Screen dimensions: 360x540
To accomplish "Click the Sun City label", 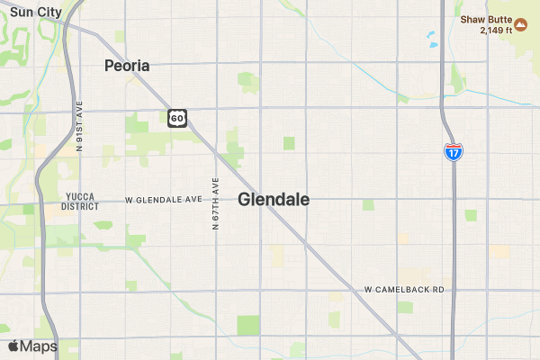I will coord(36,12).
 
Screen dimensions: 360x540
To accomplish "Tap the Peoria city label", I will coord(127,66).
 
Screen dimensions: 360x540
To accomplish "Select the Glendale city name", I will coord(274,200).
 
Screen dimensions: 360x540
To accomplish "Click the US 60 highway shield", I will coord(177,118).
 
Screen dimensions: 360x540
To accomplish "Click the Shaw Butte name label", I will coord(486,18).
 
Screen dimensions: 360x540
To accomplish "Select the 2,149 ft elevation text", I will coord(496,30).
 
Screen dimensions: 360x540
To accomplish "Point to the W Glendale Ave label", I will coord(164,199).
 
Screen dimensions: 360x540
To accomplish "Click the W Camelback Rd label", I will coord(405,290).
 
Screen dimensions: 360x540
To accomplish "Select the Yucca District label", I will coord(81,201).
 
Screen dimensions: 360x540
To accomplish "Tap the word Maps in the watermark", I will coord(39,346).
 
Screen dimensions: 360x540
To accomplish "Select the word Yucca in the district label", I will coord(81,196).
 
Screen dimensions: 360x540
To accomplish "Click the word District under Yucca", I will coord(81,206).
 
